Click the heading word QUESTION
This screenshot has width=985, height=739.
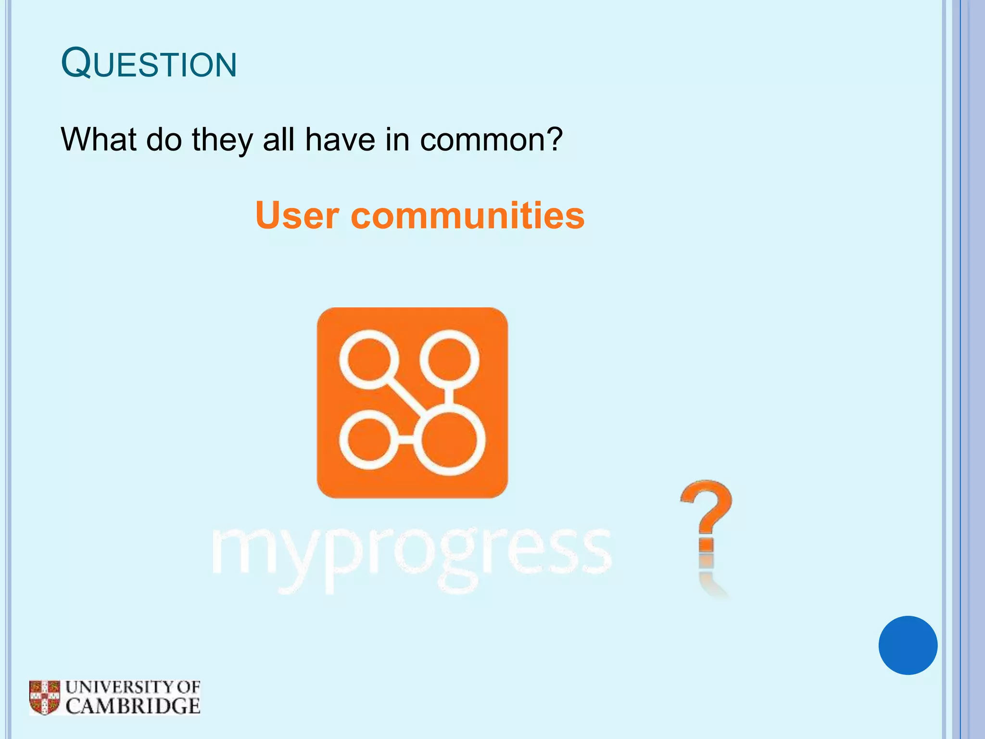[149, 64]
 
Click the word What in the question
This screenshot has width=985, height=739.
[99, 140]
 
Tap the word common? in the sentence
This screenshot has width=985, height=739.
[491, 140]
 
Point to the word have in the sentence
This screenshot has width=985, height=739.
[340, 140]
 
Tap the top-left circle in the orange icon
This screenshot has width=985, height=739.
[369, 359]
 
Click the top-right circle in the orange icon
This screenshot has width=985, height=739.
[449, 359]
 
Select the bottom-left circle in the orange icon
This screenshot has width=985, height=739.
[369, 440]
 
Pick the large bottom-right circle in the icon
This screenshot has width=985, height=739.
[449, 440]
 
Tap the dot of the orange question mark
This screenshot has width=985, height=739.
[706, 546]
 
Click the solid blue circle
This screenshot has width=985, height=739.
[908, 645]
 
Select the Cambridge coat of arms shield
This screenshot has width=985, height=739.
[44, 697]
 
